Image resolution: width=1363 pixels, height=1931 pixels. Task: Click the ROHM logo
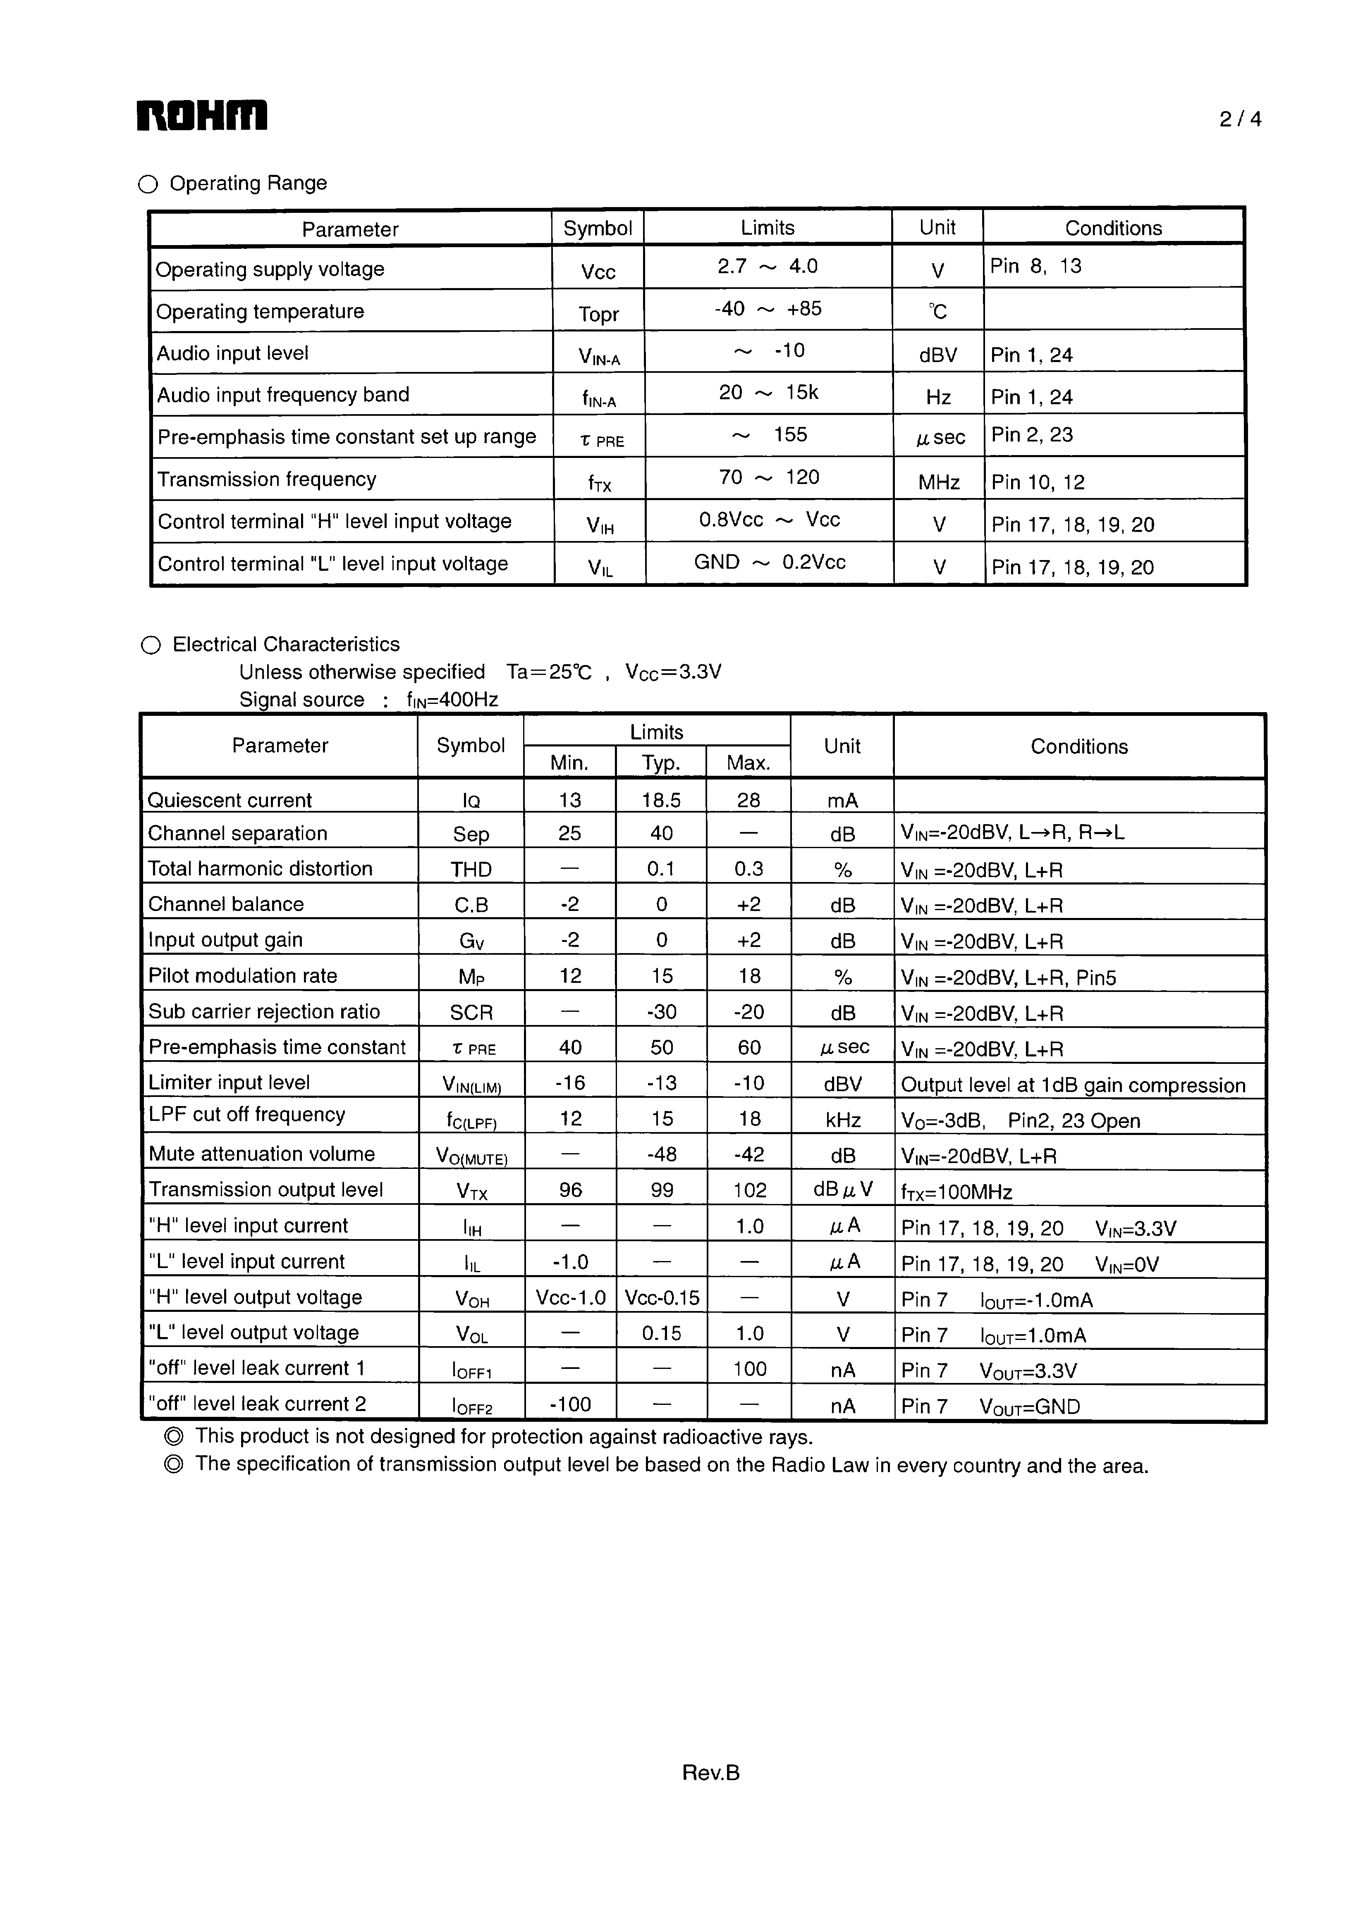click(x=202, y=116)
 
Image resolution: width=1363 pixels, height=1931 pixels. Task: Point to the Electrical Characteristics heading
click(x=286, y=644)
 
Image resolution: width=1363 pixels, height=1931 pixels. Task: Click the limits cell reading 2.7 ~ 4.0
click(x=768, y=267)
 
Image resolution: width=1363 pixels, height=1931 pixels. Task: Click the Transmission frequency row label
click(x=267, y=479)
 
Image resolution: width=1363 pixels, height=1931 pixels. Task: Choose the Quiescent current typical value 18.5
click(x=661, y=800)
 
